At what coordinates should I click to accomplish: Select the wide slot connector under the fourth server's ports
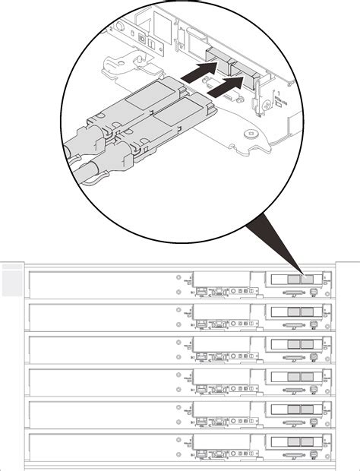tap(292, 388)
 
